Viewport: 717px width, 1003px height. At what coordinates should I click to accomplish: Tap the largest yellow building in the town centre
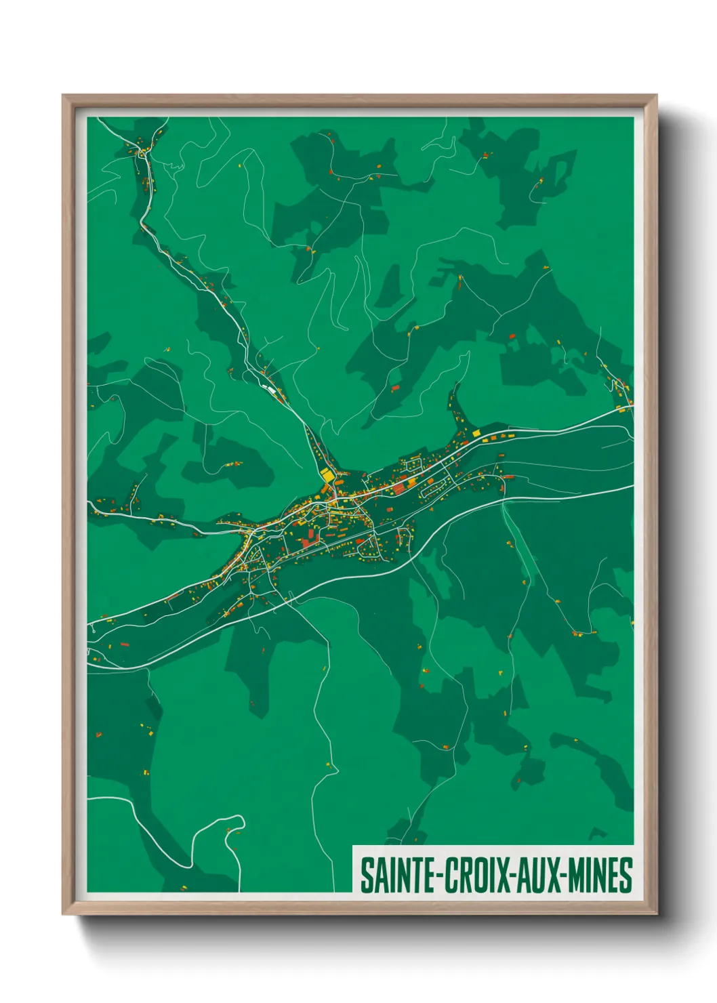pyautogui.click(x=328, y=476)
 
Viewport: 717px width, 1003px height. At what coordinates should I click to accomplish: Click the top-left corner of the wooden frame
pyautogui.click(x=63, y=96)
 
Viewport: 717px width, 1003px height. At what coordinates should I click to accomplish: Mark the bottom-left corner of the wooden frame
pyautogui.click(x=63, y=914)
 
